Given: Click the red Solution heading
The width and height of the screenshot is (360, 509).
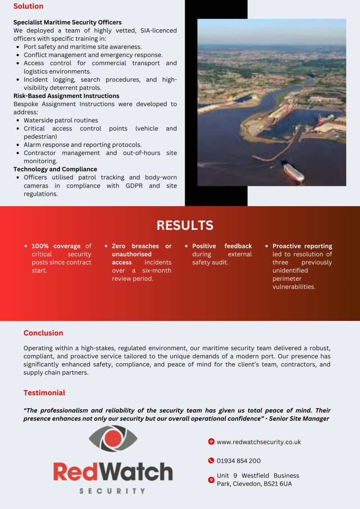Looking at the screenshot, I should pyautogui.click(x=28, y=6).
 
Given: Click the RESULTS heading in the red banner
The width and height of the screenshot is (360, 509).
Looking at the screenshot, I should pyautogui.click(x=185, y=225).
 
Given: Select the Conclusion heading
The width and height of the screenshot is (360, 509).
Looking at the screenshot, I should pyautogui.click(x=43, y=333).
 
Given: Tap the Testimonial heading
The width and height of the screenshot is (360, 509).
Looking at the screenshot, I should pyautogui.click(x=44, y=393).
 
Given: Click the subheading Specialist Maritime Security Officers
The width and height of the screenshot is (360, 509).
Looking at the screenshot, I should pyautogui.click(x=67, y=22).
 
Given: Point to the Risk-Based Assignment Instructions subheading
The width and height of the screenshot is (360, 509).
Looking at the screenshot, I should pyautogui.click(x=66, y=96).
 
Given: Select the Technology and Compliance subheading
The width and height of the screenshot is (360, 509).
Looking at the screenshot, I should pyautogui.click(x=55, y=169).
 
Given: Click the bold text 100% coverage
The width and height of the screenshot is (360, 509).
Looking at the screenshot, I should pyautogui.click(x=56, y=246).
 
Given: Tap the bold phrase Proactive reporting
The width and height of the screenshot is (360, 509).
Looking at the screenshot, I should pyautogui.click(x=302, y=246).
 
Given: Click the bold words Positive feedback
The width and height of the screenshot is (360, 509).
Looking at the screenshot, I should pyautogui.click(x=222, y=246).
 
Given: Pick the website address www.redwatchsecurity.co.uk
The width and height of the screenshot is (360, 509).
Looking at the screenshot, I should pyautogui.click(x=259, y=442).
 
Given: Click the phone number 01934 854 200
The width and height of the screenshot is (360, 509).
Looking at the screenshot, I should pyautogui.click(x=238, y=461).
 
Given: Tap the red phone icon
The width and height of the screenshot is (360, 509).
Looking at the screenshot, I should pyautogui.click(x=211, y=460).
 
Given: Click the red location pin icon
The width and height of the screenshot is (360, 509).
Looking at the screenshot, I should pyautogui.click(x=211, y=480).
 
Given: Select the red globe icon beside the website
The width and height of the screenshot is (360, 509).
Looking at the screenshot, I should pyautogui.click(x=211, y=441).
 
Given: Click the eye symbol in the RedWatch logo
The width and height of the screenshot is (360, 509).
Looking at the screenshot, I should pyautogui.click(x=113, y=438).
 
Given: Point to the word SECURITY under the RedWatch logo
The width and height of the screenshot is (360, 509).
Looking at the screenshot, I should pyautogui.click(x=112, y=491).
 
